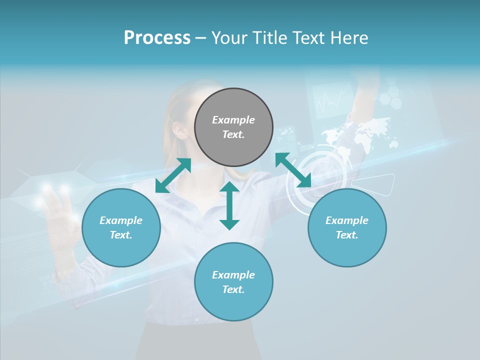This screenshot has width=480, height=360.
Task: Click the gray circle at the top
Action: (233, 127)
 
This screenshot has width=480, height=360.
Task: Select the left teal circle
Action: (121, 227)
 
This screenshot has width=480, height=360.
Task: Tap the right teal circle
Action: (347, 227)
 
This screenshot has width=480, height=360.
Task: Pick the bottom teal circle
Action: (233, 282)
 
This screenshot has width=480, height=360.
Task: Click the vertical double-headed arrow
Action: (229, 205)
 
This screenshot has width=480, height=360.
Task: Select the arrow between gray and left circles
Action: (173, 175)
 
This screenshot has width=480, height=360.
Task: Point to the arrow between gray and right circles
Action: (293, 170)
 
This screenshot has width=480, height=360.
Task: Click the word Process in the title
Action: (157, 37)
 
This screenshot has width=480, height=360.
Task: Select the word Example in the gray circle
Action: (233, 120)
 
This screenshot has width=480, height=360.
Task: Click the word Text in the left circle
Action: (121, 235)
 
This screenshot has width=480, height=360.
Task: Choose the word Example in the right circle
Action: (347, 220)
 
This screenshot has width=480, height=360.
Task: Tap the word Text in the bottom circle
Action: (233, 289)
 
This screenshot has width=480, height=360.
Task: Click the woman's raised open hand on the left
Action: (57, 210)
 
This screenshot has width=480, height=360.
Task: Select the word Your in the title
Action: (229, 37)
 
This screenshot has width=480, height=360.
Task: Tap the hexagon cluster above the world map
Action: (390, 95)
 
